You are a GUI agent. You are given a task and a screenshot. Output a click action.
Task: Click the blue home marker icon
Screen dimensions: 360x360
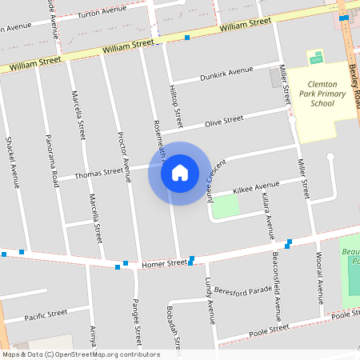(180, 173)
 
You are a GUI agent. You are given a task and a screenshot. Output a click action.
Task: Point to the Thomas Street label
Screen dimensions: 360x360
(99, 172)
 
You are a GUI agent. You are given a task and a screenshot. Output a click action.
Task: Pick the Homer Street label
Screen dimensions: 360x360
(164, 262)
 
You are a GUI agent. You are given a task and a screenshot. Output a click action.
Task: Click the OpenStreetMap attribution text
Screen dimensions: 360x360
(80, 354)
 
